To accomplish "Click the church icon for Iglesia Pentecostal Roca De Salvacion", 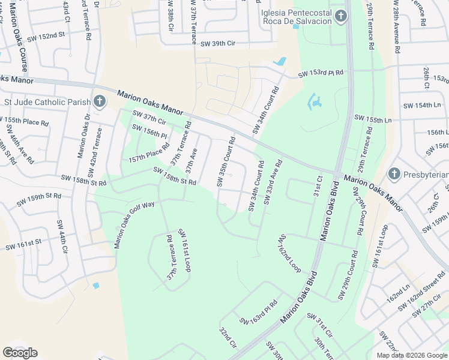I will [341, 16].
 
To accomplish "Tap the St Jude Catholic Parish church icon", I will [100, 101].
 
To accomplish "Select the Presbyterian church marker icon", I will [394, 174].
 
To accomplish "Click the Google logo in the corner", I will [20, 353].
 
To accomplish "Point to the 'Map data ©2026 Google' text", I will [412, 355].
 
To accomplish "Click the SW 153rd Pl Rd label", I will [321, 73].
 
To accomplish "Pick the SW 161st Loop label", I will [184, 250].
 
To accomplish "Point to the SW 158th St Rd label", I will [175, 176].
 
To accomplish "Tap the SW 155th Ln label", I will [372, 120].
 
